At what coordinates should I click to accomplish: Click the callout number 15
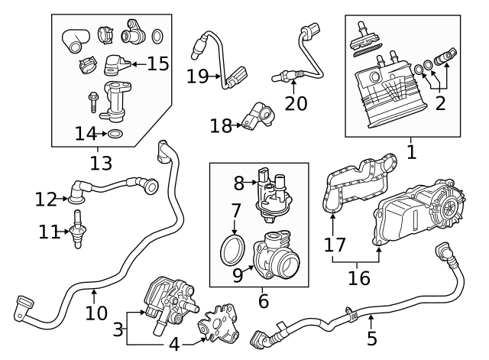157,63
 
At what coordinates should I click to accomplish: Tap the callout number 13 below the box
100,162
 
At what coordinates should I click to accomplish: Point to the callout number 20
295,102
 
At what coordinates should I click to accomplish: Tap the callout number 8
238,183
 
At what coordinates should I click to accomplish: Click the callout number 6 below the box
263,300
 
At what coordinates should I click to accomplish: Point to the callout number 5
371,337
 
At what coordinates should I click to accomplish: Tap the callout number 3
118,329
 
